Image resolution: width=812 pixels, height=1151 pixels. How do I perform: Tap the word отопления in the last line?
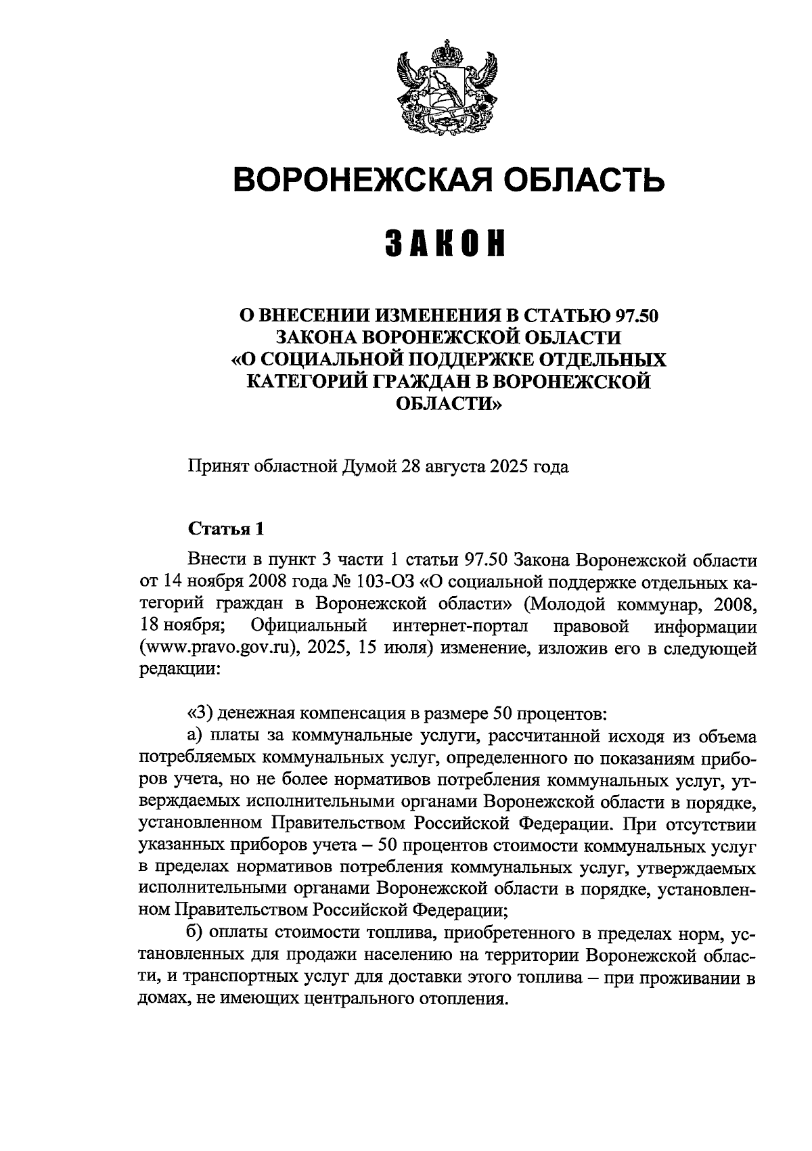pyautogui.click(x=467, y=999)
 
